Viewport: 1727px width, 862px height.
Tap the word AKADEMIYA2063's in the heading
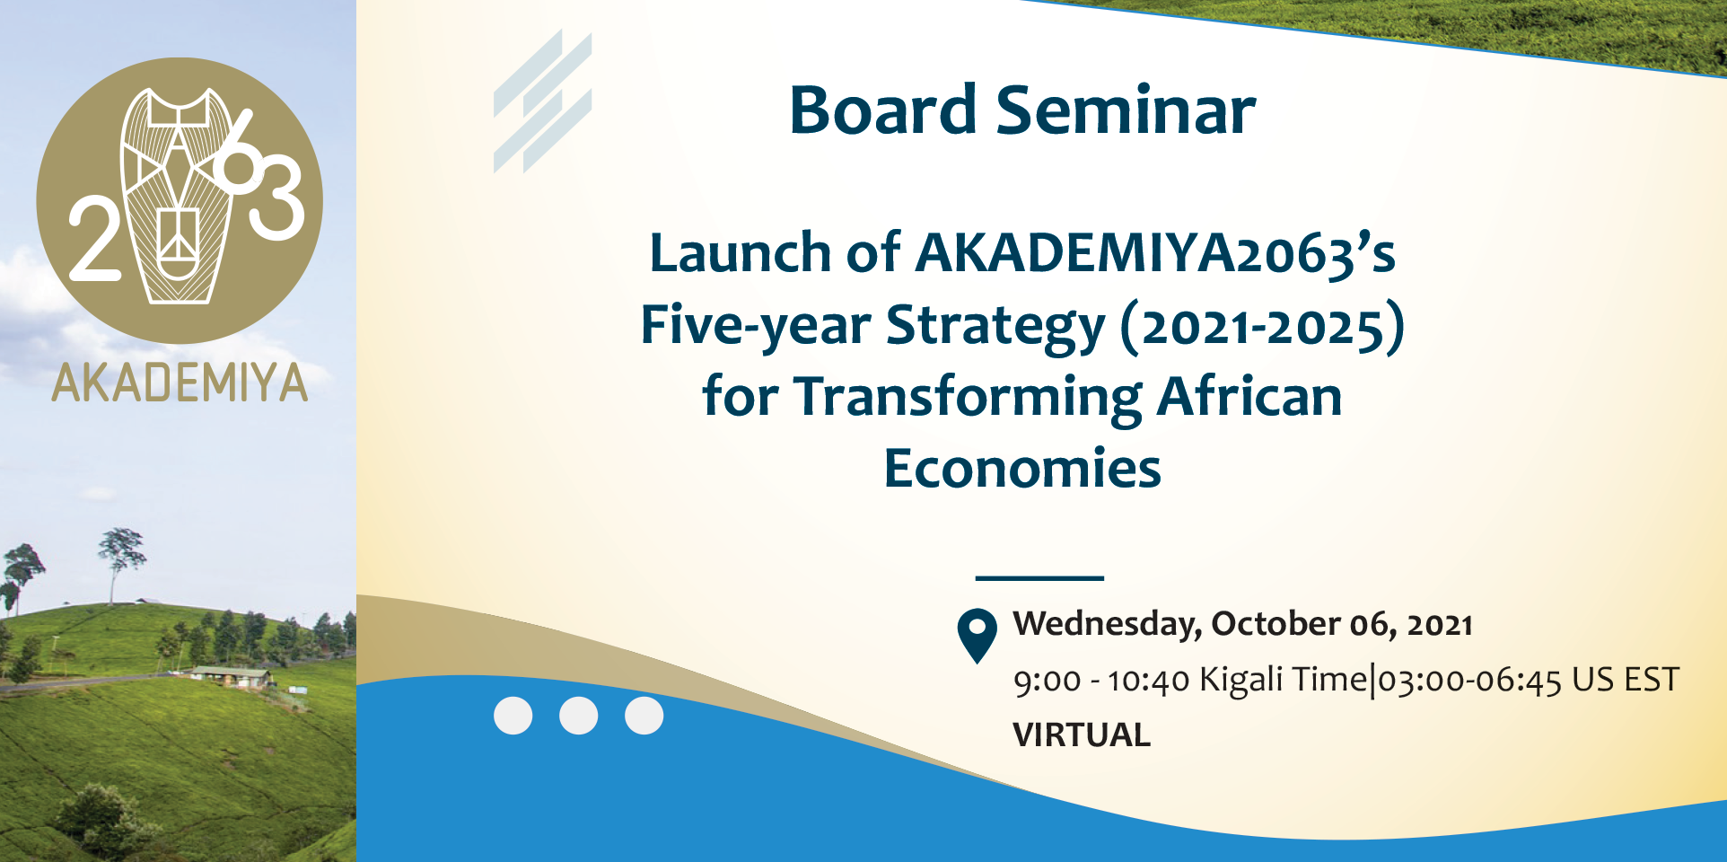1155,253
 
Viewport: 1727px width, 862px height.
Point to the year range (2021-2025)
1262,326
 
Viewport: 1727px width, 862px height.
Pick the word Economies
1022,469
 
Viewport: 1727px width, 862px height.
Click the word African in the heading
1249,397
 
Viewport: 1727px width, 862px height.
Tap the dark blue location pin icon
977,633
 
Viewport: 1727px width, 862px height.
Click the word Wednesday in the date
1107,624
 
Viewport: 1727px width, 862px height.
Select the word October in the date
1276,624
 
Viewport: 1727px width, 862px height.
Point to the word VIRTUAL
1081,734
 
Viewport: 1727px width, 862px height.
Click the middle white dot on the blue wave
578,716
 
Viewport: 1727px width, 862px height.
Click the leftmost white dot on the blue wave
513,716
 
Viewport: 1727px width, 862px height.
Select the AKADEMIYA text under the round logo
180,383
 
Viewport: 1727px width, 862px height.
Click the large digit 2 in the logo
94,240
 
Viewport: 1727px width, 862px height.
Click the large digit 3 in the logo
276,198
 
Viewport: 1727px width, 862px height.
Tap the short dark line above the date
1039,578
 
